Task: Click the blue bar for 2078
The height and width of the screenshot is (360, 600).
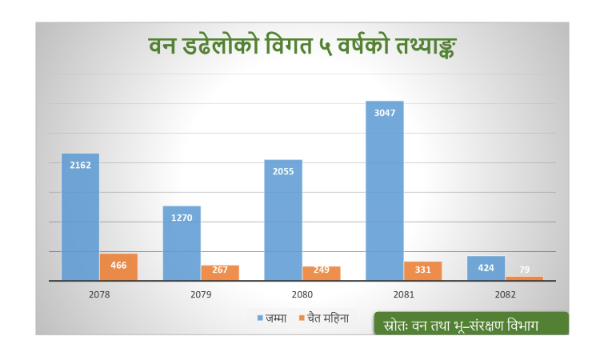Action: (80, 216)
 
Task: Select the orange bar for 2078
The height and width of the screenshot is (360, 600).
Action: (118, 266)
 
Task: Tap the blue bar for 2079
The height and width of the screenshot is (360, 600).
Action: (182, 243)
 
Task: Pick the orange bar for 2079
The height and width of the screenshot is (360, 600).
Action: (220, 272)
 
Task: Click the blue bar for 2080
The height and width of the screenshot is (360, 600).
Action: (283, 220)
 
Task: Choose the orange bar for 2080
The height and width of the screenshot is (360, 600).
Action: (321, 273)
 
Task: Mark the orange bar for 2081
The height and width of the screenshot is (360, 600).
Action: (422, 270)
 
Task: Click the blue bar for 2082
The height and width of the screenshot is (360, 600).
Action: (486, 268)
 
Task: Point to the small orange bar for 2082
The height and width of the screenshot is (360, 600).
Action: (524, 278)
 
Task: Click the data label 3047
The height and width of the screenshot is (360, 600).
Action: (384, 113)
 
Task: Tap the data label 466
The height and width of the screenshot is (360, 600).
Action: (118, 265)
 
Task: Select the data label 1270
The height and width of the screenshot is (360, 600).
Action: (182, 218)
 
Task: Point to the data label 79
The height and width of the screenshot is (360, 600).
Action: (524, 270)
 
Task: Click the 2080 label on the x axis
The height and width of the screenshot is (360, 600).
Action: (302, 294)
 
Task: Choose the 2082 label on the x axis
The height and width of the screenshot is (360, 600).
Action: (505, 294)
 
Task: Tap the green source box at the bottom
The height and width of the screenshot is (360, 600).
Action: (470, 324)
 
